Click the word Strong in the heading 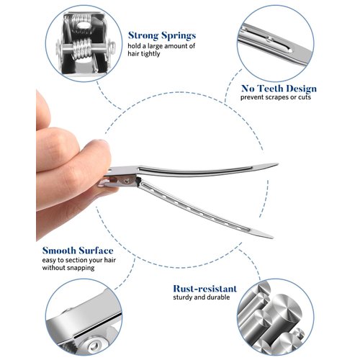tap(143, 35)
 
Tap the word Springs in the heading tap(179, 36)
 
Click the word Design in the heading tap(301, 89)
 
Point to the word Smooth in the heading tap(59, 251)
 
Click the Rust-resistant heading tap(205, 289)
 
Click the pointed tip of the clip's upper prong tap(278, 164)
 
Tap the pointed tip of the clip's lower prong tap(272, 237)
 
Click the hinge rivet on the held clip tap(125, 179)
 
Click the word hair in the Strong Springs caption tap(132, 53)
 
